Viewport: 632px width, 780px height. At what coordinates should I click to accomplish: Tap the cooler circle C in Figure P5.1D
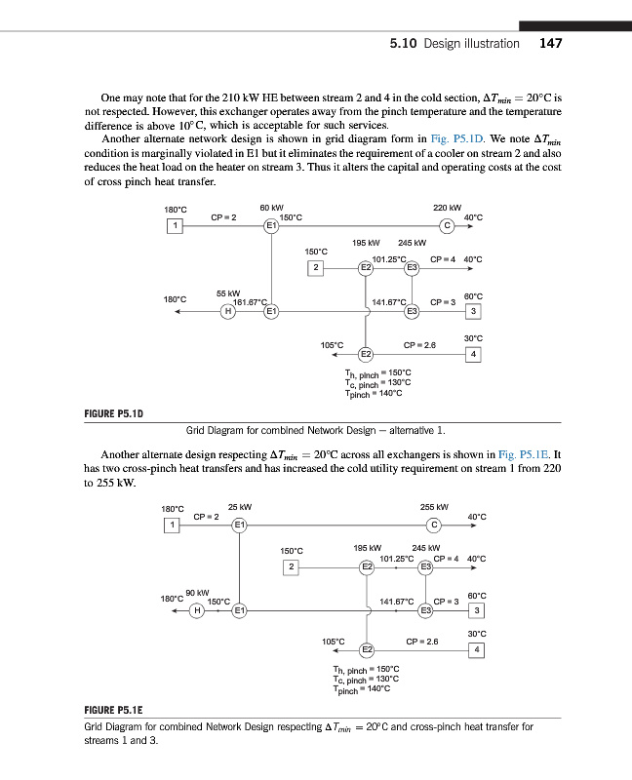click(x=447, y=227)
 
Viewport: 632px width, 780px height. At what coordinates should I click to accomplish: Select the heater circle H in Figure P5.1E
click(x=198, y=610)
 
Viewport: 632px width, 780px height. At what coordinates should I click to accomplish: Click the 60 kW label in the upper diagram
click(x=272, y=206)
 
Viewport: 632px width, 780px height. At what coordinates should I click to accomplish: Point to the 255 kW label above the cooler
click(x=433, y=506)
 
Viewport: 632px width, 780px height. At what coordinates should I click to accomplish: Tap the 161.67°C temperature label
click(x=252, y=302)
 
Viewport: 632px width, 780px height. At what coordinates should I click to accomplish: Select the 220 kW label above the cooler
click(x=447, y=206)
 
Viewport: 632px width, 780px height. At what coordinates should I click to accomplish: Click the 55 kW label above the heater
click(x=228, y=292)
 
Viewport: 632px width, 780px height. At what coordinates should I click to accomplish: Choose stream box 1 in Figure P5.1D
click(x=174, y=227)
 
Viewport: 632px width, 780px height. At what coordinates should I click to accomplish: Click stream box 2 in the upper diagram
click(x=314, y=268)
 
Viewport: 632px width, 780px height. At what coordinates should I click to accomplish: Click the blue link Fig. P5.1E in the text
click(x=525, y=455)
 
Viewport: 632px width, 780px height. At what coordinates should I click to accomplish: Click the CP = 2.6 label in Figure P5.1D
click(x=420, y=344)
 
